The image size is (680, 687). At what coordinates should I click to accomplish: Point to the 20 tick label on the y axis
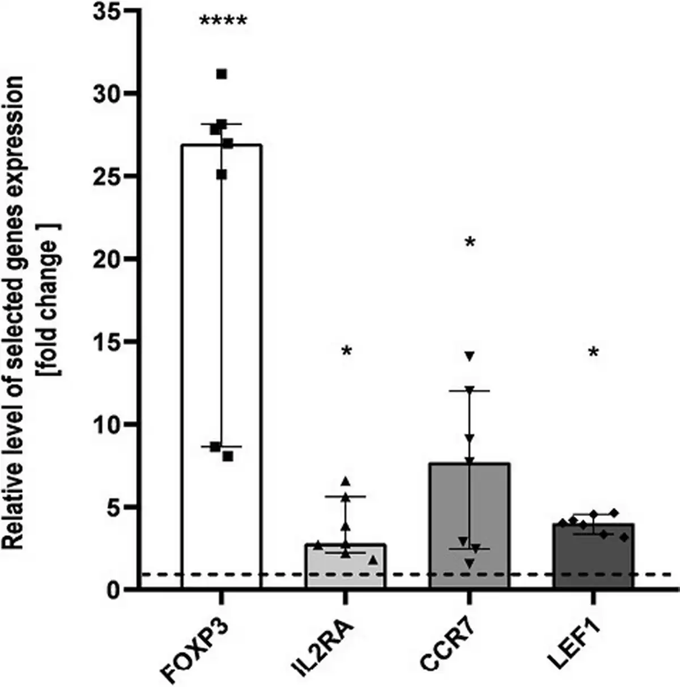coord(108,259)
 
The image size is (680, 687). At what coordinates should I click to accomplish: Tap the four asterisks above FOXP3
coord(223,23)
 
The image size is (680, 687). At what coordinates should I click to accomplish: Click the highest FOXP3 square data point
coord(222,74)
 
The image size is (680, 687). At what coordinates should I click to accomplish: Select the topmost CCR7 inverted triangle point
coord(469,356)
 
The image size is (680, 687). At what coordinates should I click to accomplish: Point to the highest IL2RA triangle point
coord(345,481)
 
